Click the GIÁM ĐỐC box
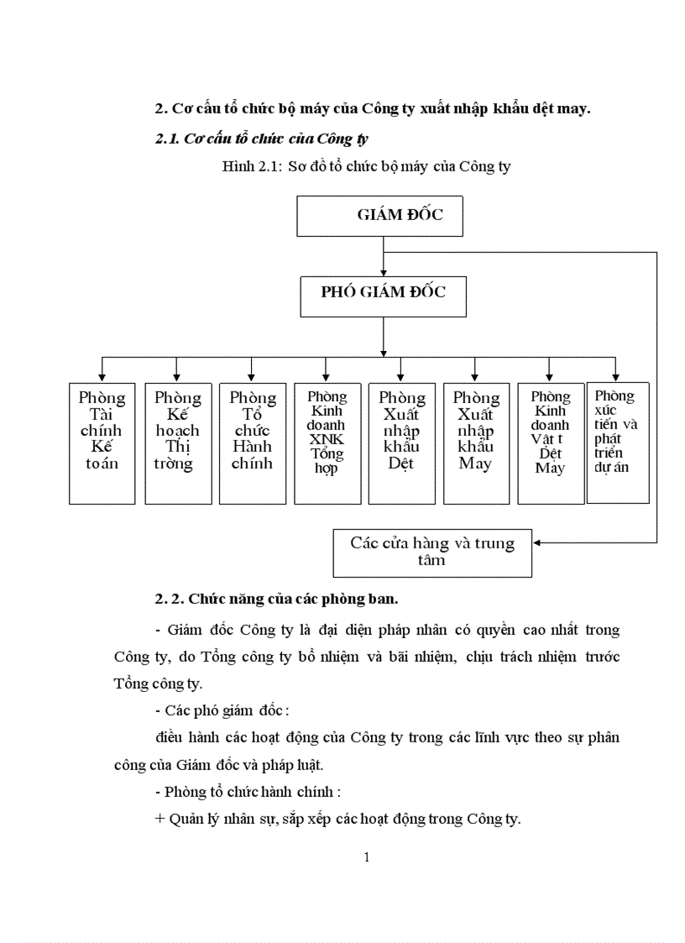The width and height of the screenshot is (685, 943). pyautogui.click(x=379, y=216)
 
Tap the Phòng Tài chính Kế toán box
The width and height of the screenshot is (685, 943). pyautogui.click(x=102, y=443)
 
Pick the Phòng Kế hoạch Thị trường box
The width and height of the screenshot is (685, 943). pyautogui.click(x=178, y=443)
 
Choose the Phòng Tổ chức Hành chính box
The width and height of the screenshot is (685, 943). pyautogui.click(x=252, y=443)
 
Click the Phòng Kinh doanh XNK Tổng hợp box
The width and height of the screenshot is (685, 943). pyautogui.click(x=327, y=443)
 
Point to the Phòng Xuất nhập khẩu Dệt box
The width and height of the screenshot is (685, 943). pyautogui.click(x=401, y=443)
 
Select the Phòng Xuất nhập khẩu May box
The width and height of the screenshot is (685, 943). pyautogui.click(x=475, y=443)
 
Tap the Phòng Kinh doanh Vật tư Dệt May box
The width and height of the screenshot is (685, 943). pyautogui.click(x=550, y=443)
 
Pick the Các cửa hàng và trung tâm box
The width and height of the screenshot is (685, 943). pyautogui.click(x=432, y=553)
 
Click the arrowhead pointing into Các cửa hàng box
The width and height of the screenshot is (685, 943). pyautogui.click(x=537, y=542)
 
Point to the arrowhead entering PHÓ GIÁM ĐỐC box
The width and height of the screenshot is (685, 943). pyautogui.click(x=383, y=273)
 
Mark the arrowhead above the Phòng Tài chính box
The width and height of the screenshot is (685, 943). pyautogui.click(x=102, y=377)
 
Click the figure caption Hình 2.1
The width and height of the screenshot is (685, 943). pyautogui.click(x=366, y=166)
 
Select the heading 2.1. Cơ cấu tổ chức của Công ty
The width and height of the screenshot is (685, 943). pyautogui.click(x=263, y=139)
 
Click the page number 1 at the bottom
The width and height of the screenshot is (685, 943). pyautogui.click(x=367, y=857)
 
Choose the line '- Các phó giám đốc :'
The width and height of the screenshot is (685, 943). pyautogui.click(x=222, y=710)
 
